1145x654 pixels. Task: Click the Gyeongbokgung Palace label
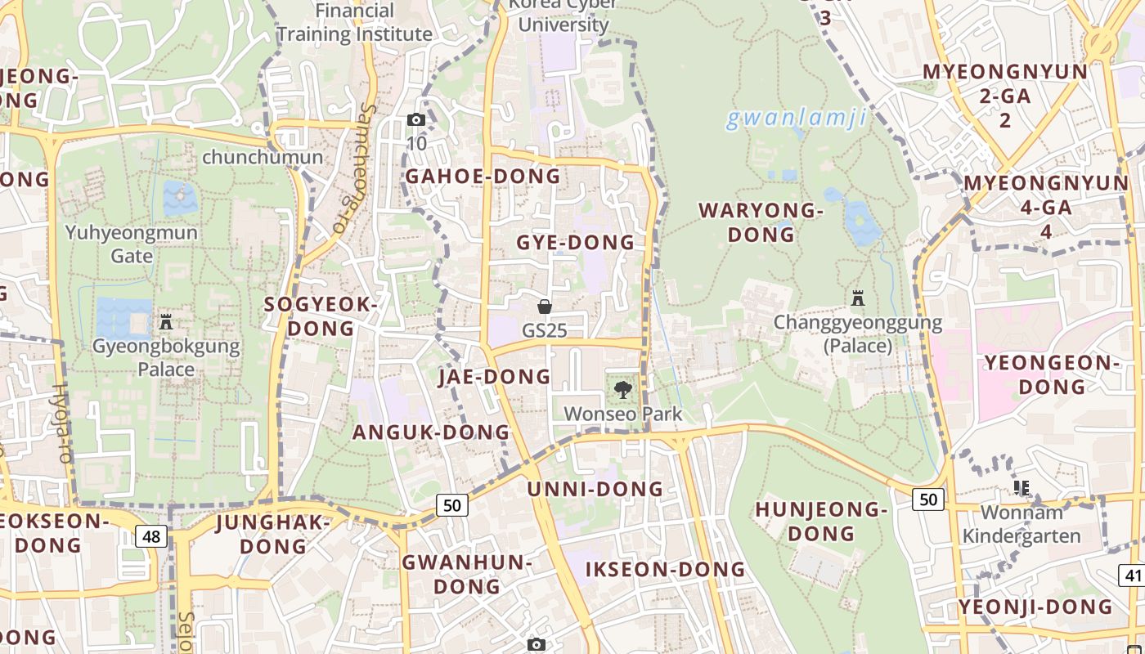[166, 357]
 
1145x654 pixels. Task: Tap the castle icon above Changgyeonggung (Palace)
[858, 298]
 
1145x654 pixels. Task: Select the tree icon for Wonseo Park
[623, 390]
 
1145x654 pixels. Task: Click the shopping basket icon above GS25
[545, 307]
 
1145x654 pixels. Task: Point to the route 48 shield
[151, 536]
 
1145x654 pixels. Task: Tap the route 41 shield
[1133, 575]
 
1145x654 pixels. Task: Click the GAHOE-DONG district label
[483, 176]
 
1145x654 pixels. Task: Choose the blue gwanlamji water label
[796, 119]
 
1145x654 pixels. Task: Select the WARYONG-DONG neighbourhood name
[761, 222]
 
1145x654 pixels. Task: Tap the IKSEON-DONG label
[665, 569]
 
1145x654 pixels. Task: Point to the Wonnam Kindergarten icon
[1022, 488]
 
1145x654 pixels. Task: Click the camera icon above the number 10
[416, 120]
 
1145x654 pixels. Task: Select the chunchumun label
[262, 157]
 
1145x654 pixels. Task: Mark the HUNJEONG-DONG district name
[820, 522]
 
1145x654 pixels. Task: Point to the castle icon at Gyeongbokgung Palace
[166, 321]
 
